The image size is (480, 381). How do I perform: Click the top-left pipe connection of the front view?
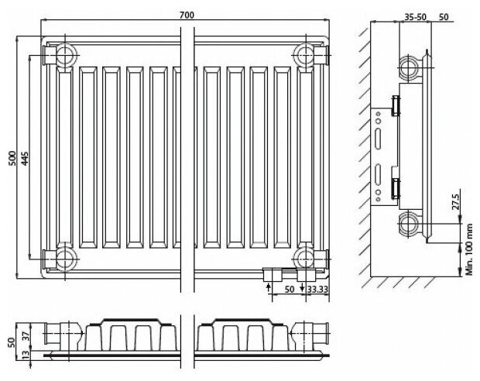60,55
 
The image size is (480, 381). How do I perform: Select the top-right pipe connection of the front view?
306,55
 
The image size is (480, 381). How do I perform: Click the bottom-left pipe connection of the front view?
60,258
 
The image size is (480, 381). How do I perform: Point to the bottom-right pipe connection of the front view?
306,258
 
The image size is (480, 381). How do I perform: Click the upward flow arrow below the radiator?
269,288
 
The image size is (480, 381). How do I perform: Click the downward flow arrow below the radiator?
302,288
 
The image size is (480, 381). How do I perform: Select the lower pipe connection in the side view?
410,225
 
